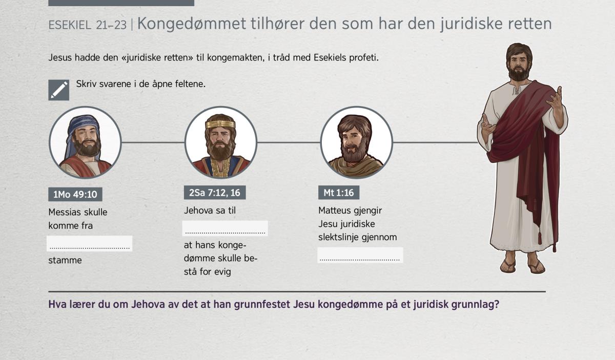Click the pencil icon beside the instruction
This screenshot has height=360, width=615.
click(x=59, y=90)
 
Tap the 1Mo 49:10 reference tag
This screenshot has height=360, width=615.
click(x=75, y=194)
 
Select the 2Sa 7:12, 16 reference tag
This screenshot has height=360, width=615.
click(x=215, y=193)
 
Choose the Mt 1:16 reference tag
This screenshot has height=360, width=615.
click(x=339, y=193)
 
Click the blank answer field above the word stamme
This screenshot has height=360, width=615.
click(x=90, y=243)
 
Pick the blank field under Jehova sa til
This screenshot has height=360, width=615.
click(x=225, y=228)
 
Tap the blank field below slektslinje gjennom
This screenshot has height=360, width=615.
click(x=360, y=255)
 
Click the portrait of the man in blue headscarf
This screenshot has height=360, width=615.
click(x=85, y=142)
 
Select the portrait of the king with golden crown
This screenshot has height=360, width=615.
click(x=221, y=142)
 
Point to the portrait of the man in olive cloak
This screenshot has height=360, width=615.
click(x=356, y=142)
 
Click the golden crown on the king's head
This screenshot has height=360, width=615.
click(x=220, y=124)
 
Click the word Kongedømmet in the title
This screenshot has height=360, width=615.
click(x=192, y=24)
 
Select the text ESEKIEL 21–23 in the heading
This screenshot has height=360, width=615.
click(x=87, y=25)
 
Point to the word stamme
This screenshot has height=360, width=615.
click(x=65, y=260)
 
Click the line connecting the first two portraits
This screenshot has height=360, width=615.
click(x=153, y=142)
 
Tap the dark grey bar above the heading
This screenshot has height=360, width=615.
click(x=121, y=3)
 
